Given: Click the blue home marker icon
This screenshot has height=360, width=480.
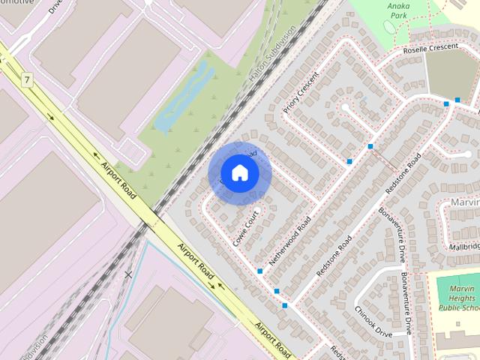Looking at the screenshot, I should pyautogui.click(x=238, y=173).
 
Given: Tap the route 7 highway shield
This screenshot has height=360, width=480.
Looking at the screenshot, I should pyautogui.click(x=28, y=79).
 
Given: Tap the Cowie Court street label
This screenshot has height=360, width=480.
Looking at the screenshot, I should pyautogui.click(x=246, y=229).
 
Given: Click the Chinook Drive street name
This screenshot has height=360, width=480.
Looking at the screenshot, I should pyautogui.click(x=373, y=321).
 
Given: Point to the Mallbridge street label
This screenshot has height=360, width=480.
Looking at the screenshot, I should pyautogui.click(x=464, y=246).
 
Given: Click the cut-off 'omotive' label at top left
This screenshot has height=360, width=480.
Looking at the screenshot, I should pyautogui.click(x=16, y=3).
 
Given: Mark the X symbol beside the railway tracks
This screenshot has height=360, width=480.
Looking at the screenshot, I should pyautogui.click(x=128, y=274).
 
